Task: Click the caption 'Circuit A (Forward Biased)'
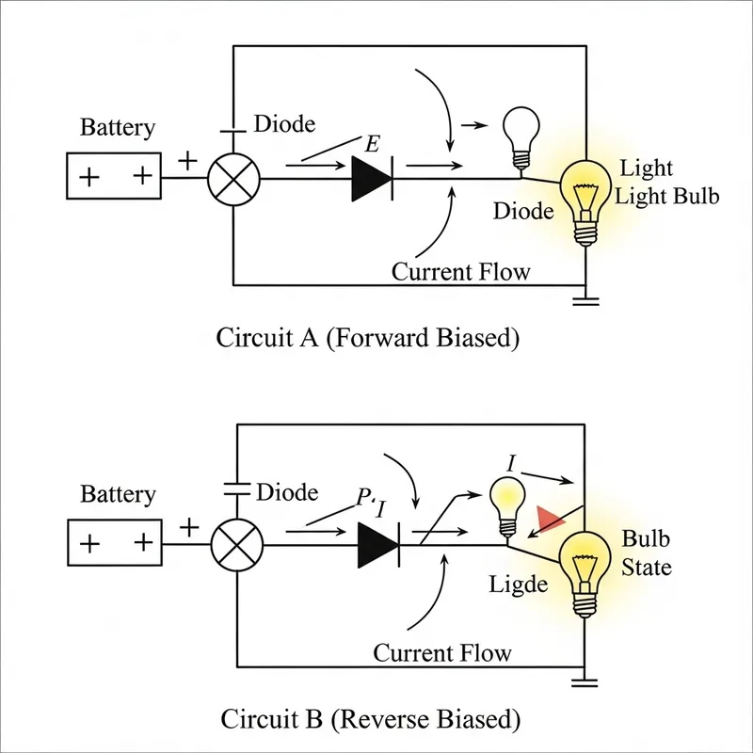[x=368, y=338]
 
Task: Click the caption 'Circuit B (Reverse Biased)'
[x=369, y=719]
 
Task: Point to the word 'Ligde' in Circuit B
[x=518, y=585]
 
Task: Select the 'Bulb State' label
[x=647, y=553]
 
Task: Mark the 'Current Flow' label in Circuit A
[x=460, y=272]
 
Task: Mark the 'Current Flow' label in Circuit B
[x=442, y=652]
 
